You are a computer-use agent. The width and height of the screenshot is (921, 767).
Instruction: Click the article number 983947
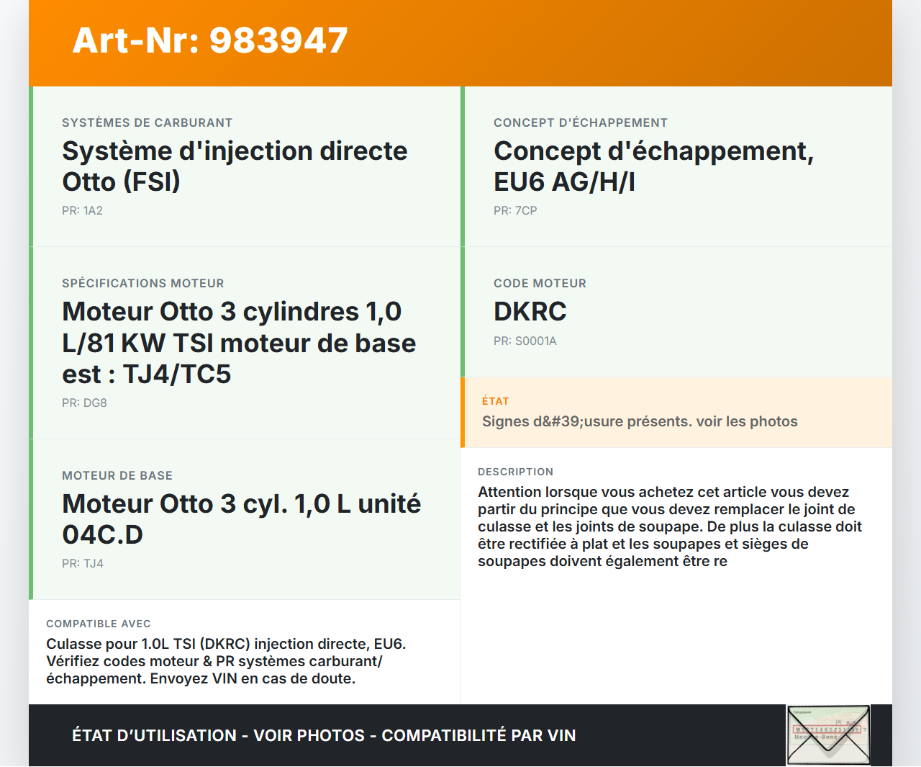click(278, 40)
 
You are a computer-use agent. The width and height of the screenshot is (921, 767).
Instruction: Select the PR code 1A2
click(93, 210)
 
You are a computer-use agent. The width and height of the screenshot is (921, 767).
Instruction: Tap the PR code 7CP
click(526, 210)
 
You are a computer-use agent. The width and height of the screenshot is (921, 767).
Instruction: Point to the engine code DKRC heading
click(530, 311)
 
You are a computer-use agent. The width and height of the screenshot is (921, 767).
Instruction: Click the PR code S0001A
click(535, 341)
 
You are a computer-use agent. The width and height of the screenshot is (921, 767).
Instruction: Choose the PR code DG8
click(95, 403)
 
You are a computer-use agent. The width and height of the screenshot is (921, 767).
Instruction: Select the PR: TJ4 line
click(83, 563)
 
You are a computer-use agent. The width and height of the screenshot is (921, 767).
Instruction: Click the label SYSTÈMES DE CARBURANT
click(147, 122)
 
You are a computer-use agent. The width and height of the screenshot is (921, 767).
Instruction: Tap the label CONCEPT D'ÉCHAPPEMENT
click(581, 122)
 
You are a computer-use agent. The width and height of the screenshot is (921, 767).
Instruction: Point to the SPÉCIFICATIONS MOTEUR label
click(143, 283)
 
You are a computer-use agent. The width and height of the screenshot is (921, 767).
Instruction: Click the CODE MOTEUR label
click(540, 283)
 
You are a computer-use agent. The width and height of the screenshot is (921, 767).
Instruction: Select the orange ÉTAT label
click(495, 401)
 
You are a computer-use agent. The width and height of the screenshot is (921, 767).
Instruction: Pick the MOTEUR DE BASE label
click(117, 475)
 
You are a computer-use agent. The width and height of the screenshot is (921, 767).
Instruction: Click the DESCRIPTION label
click(515, 472)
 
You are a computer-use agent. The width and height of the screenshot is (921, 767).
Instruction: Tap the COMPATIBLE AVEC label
click(99, 624)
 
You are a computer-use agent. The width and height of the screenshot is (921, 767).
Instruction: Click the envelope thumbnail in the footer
click(828, 735)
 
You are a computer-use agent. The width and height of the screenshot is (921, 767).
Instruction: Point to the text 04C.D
click(102, 534)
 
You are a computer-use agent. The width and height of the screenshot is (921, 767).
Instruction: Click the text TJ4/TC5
click(176, 374)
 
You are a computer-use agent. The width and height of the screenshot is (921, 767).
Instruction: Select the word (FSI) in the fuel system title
click(152, 182)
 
